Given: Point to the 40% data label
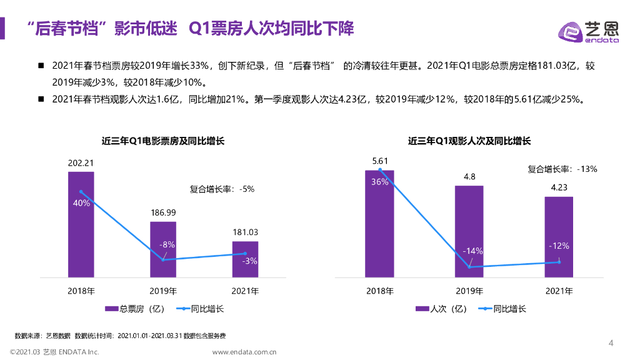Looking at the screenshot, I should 81,203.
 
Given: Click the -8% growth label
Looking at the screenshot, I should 166,244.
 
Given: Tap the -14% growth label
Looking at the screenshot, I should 472,251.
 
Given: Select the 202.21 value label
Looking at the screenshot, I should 81,164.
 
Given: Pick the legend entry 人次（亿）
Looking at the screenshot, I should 441,309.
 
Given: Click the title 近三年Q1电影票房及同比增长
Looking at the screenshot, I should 163,141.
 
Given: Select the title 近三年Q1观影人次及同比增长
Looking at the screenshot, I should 469,141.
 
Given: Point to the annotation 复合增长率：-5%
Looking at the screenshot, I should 222,189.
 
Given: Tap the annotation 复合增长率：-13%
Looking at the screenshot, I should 562,169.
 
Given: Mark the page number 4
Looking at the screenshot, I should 611,342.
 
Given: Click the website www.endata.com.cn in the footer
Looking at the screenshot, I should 244,352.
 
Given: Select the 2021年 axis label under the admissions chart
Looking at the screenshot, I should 559,291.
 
